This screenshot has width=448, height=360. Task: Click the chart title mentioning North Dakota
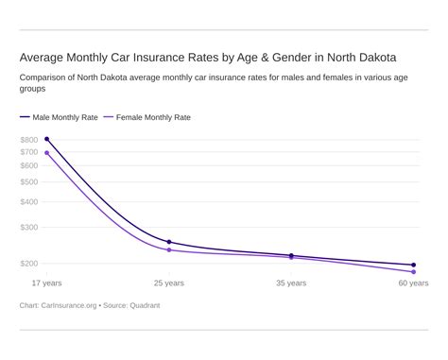point(208,56)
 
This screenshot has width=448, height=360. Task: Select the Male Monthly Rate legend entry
point(59,117)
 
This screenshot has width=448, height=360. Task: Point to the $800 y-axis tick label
point(28,140)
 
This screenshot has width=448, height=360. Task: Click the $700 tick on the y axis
point(28,152)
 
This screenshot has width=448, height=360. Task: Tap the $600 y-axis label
point(28,165)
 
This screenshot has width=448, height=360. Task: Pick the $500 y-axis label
point(28,181)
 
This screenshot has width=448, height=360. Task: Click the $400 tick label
point(28,201)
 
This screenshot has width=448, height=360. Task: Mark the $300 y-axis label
point(28,228)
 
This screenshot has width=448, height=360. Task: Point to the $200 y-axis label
point(28,264)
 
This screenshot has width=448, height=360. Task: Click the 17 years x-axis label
point(47,283)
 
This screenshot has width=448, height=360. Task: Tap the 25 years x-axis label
point(169,283)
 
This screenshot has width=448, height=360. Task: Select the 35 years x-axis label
point(291,283)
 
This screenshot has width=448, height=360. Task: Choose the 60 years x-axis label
point(412,283)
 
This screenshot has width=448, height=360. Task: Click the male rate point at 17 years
point(47,140)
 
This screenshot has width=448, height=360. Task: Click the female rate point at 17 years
point(47,153)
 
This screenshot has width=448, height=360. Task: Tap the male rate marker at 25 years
point(169,242)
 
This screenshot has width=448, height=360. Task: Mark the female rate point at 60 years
point(413,272)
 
